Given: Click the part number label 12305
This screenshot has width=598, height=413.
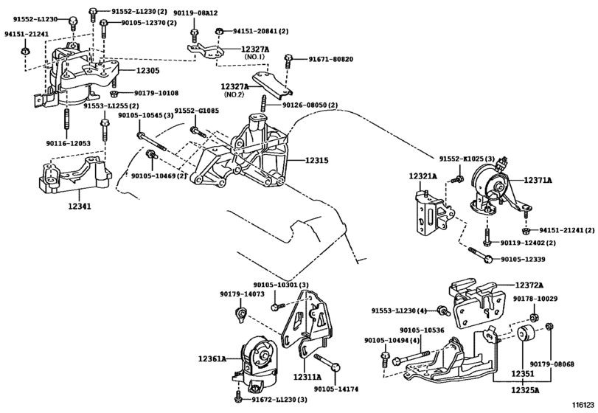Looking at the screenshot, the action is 147,71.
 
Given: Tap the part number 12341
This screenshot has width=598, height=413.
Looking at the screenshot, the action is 80,206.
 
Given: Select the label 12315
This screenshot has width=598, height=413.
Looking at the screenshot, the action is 316,161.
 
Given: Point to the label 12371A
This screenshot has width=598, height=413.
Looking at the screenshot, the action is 538,181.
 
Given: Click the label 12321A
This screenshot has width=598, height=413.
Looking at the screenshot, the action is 423,176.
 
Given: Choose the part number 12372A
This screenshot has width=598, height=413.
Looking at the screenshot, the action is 529,285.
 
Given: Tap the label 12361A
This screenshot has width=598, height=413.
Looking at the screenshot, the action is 212,359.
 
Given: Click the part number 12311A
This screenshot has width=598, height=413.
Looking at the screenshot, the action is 307,377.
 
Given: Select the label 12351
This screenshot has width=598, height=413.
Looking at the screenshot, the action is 523,374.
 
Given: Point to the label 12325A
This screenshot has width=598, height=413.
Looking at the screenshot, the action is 526,390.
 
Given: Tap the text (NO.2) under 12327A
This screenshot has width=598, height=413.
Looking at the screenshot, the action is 234,94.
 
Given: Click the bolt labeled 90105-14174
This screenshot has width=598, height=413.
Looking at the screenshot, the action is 327,362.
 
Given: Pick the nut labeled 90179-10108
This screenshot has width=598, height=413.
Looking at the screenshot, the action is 114,93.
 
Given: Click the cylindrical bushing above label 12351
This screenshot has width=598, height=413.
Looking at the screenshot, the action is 526,334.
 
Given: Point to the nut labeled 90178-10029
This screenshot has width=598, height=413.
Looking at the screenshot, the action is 535,317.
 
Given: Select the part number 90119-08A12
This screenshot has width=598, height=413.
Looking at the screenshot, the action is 195,13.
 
